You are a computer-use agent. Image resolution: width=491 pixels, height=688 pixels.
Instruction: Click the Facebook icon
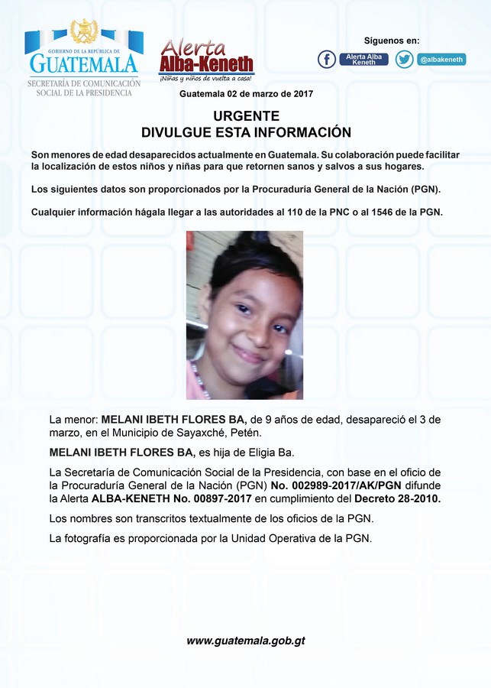[327, 60]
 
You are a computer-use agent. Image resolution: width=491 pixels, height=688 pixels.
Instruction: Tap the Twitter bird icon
[404, 60]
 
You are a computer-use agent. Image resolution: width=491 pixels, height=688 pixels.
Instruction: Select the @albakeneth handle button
[442, 60]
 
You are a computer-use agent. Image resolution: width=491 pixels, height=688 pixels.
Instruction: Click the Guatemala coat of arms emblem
[84, 32]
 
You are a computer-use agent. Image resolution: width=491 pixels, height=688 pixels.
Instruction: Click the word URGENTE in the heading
[246, 116]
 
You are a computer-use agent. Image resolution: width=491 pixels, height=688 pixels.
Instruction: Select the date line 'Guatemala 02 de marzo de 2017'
[246, 94]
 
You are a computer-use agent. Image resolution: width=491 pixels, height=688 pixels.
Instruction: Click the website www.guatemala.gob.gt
[246, 641]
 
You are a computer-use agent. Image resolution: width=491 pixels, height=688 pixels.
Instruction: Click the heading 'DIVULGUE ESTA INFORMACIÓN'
[246, 132]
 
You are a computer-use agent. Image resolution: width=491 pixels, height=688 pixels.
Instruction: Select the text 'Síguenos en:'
[392, 41]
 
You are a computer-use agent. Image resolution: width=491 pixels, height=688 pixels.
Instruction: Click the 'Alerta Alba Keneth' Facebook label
[363, 60]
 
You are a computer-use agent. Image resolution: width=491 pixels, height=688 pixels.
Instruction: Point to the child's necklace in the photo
[200, 378]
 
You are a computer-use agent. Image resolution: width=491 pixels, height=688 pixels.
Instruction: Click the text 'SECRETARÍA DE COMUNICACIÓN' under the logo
[84, 83]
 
